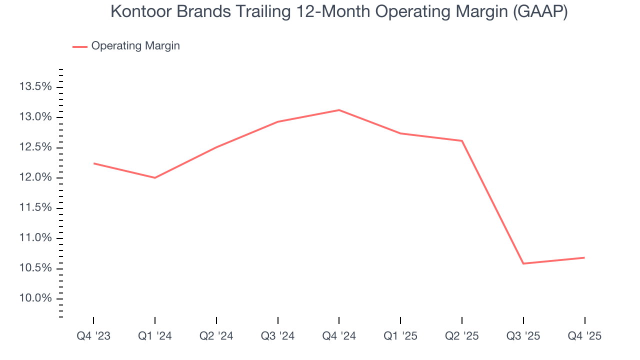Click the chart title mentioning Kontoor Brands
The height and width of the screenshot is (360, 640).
338,11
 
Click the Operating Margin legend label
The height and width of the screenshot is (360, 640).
135,46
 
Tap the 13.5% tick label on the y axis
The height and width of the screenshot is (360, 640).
35,87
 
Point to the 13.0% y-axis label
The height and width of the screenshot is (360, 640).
35,117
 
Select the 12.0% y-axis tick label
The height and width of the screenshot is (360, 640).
35,178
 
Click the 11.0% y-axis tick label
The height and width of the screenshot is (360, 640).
35,238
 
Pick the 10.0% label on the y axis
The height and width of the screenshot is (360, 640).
35,298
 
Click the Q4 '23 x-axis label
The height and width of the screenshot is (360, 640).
93,336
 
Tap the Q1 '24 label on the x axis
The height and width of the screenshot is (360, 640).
155,336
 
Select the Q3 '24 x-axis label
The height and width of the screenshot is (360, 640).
278,336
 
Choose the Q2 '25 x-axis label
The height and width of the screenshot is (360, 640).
462,336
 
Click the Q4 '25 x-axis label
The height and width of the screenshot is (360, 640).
584,336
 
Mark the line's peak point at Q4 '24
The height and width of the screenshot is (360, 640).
339,110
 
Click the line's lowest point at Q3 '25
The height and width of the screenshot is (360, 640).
523,263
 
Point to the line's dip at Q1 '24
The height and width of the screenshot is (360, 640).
155,177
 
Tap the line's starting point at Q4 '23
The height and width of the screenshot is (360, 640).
93,163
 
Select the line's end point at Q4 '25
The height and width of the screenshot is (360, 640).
584,257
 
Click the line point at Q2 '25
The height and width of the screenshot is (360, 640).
462,141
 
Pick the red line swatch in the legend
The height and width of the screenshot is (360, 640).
80,46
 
